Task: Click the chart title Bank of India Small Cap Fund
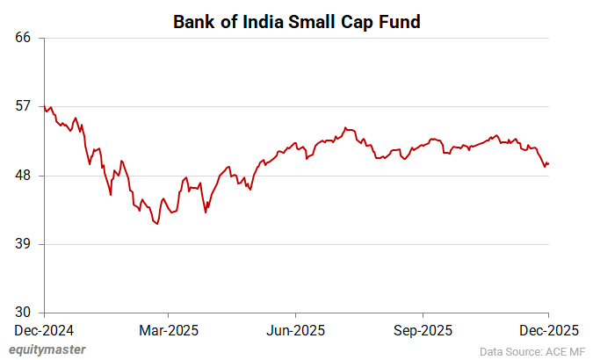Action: [x=296, y=22]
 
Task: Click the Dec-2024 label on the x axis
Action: [x=44, y=330]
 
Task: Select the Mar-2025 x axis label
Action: [x=170, y=330]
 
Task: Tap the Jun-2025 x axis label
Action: [x=296, y=330]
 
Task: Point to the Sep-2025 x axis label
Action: [x=423, y=330]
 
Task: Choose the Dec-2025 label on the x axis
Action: [x=549, y=330]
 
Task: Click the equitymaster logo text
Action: [x=48, y=349]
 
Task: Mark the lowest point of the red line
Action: [x=156, y=224]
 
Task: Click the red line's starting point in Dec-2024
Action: [x=45, y=106]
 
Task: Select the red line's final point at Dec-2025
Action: [x=549, y=163]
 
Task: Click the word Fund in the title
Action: [x=399, y=22]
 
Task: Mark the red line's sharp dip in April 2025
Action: [x=206, y=212]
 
